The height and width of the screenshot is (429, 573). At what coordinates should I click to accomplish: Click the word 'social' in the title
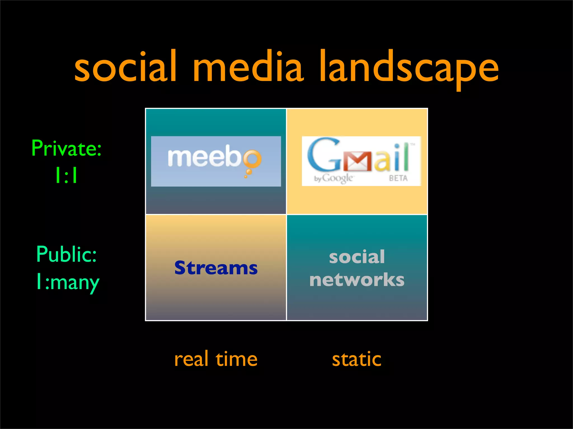125,67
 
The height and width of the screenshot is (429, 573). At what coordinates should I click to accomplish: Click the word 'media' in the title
248,67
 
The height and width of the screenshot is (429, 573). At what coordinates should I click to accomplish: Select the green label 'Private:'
67,149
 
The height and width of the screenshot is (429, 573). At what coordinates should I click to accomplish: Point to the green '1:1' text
67,175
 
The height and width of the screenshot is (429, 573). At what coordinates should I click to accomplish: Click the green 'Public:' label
67,254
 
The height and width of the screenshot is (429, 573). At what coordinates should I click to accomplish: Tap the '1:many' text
68,282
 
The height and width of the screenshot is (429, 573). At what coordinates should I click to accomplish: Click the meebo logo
216,161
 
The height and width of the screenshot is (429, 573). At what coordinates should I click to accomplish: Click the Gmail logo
361,161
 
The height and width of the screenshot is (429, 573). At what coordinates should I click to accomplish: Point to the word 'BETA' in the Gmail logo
398,178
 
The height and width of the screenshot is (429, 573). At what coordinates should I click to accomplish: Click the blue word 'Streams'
216,268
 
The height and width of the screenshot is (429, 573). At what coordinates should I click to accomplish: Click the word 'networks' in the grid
357,280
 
